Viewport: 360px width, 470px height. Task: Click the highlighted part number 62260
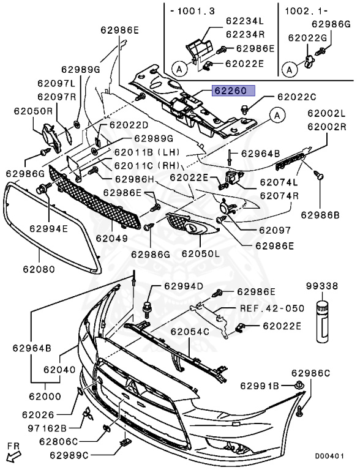click(230, 91)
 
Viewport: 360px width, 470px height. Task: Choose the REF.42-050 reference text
click(271, 309)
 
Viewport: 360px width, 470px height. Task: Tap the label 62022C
click(296, 97)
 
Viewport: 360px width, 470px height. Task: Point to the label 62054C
click(190, 332)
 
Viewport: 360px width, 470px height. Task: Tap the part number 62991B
click(260, 386)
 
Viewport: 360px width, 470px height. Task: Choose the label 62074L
click(279, 182)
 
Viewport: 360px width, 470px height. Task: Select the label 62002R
click(327, 127)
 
